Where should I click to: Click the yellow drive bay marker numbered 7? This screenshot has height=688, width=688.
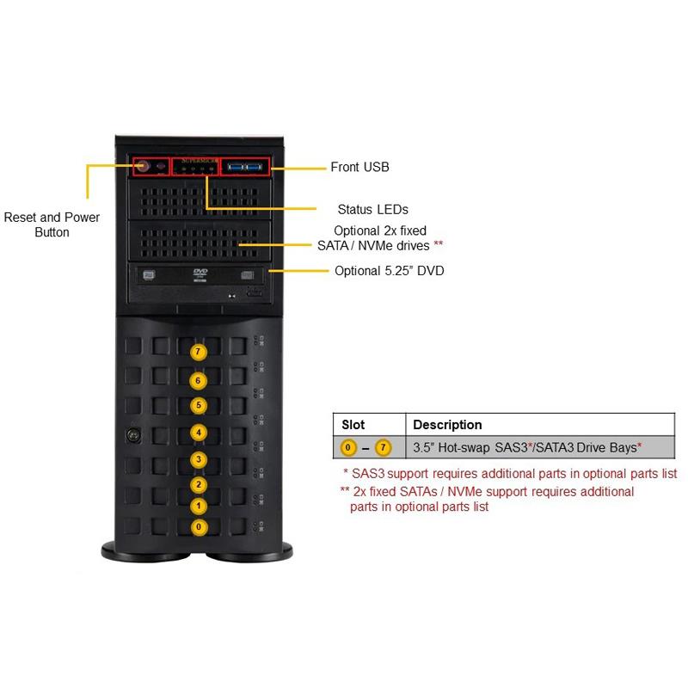click(200, 352)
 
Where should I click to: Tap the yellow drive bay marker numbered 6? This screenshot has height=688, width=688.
click(200, 380)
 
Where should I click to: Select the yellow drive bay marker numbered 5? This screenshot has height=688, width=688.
click(200, 405)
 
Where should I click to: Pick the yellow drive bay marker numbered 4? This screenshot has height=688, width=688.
click(200, 432)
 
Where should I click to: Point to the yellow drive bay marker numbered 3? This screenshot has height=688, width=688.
click(200, 459)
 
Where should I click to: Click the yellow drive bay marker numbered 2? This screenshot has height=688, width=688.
click(200, 485)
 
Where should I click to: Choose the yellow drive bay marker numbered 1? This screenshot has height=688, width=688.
click(200, 506)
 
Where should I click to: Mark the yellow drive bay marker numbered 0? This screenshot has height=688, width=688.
click(200, 526)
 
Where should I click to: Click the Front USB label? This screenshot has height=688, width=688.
click(359, 167)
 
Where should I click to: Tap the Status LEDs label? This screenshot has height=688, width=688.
click(372, 209)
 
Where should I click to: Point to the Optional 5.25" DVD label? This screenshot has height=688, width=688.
click(389, 271)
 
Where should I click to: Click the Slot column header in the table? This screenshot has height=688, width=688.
click(353, 425)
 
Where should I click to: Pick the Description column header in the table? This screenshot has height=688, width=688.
click(447, 425)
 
